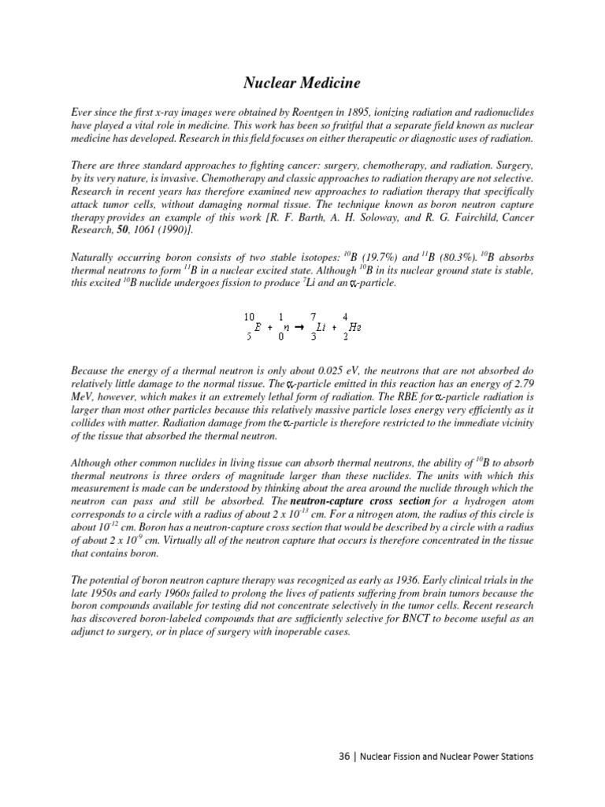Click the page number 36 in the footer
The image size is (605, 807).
pos(343,756)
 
